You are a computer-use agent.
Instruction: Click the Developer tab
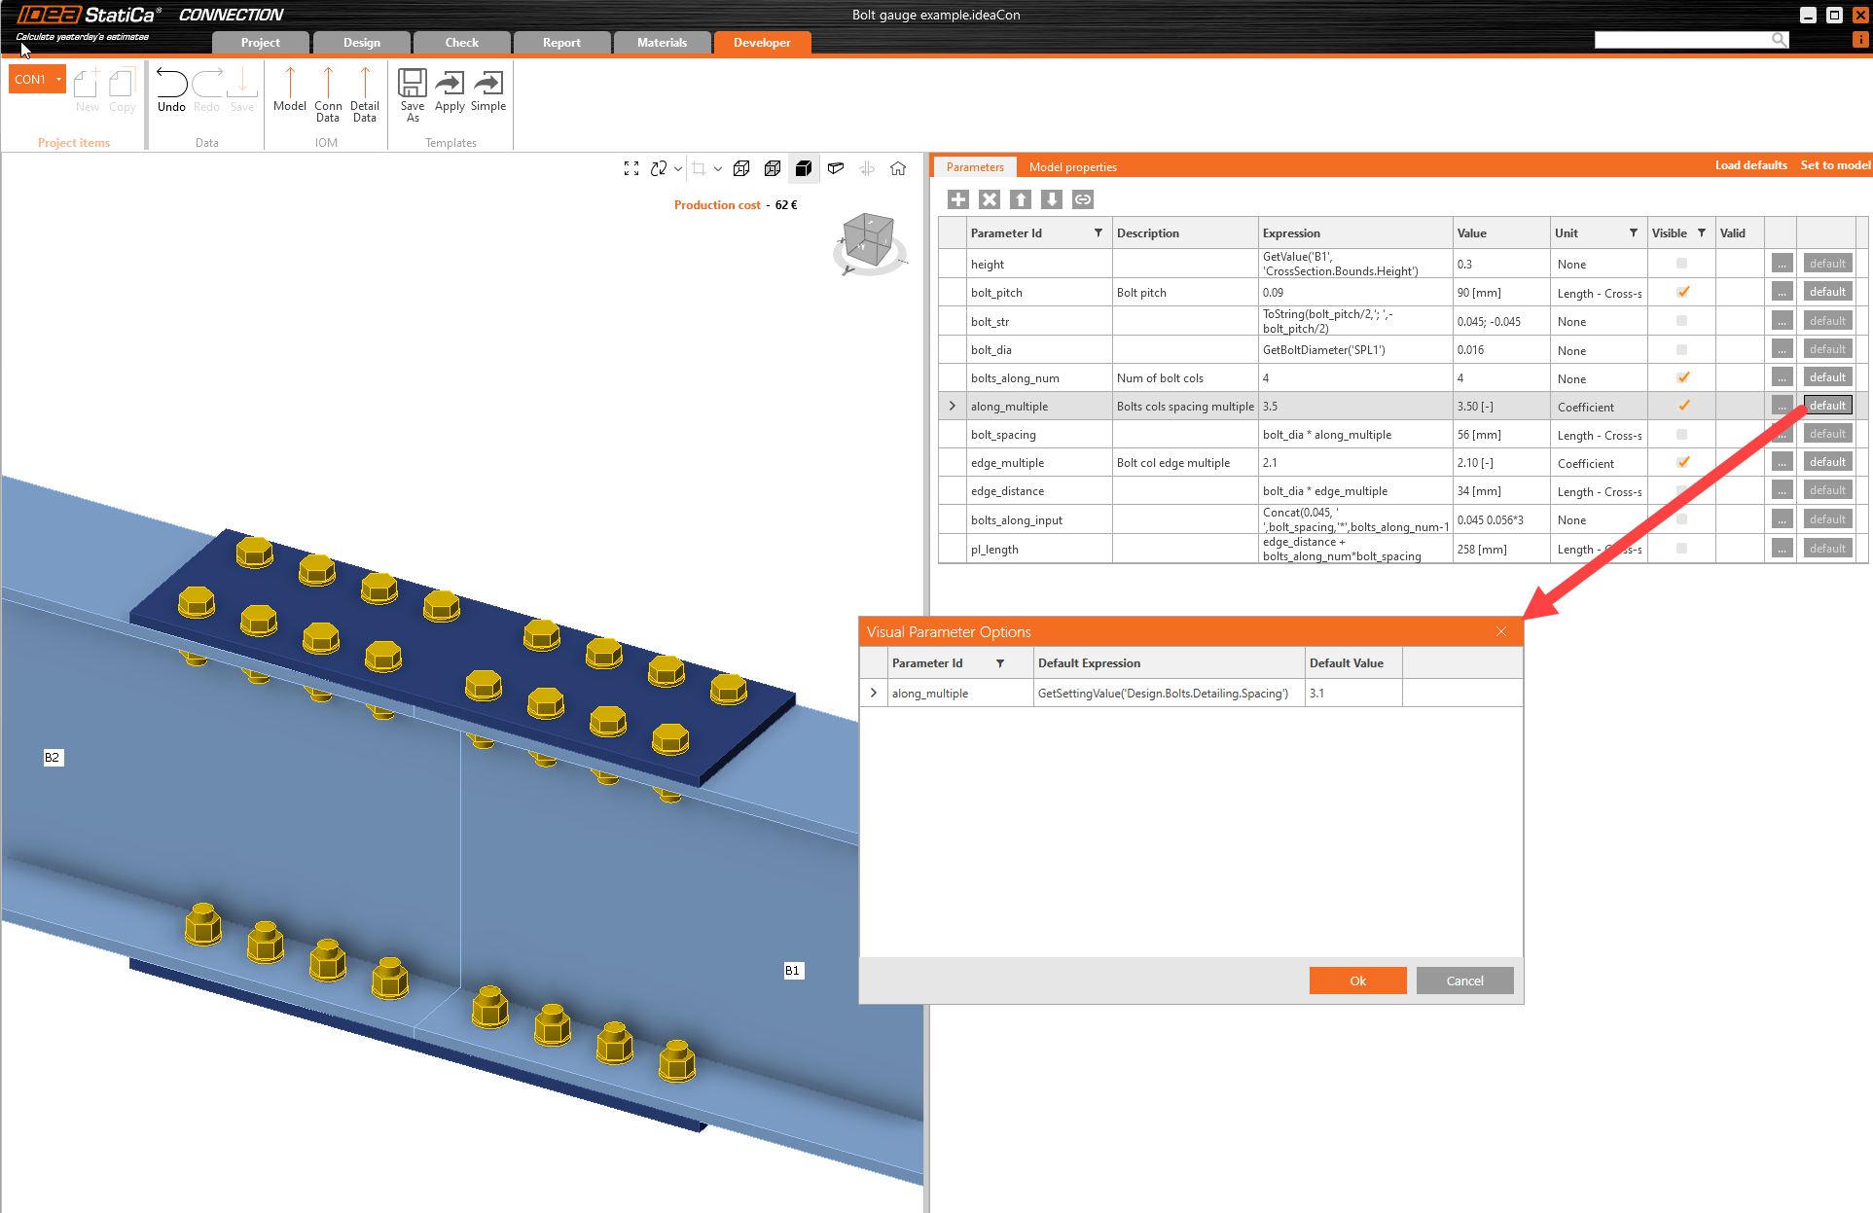click(x=762, y=43)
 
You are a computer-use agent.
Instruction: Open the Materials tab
click(x=662, y=43)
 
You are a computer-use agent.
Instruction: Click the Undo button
click(x=171, y=90)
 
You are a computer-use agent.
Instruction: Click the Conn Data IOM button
click(x=328, y=94)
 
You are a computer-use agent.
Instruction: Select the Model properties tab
click(x=1072, y=167)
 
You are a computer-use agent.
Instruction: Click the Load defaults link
click(x=1750, y=165)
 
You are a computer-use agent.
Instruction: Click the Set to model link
click(x=1834, y=165)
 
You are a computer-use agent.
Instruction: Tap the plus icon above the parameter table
click(x=958, y=199)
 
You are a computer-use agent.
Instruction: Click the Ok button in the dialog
click(x=1357, y=981)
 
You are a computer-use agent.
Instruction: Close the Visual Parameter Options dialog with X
click(x=1501, y=632)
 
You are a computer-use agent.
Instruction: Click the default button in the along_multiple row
click(x=1827, y=406)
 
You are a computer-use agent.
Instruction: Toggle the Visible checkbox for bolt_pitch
click(x=1682, y=292)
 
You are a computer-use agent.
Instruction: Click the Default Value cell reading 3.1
click(x=1352, y=694)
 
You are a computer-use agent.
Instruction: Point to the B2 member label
click(x=53, y=757)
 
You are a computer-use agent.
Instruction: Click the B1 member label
click(x=793, y=970)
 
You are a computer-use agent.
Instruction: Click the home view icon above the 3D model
click(x=898, y=168)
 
